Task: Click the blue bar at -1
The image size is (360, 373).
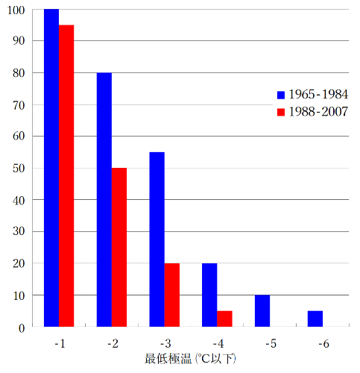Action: pos(51,168)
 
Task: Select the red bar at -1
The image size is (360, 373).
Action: pos(66,176)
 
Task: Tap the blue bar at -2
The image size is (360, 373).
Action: pos(104,200)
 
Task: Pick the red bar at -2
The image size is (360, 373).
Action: pos(119,248)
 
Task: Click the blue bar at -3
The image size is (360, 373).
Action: pos(157,239)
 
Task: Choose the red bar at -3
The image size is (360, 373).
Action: pos(172,295)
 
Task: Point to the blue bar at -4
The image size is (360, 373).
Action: pos(209,295)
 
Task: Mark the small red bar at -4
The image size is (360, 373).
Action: pos(224,319)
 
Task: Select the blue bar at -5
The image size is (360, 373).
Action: pos(262,311)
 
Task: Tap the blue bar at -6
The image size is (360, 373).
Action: pos(315,319)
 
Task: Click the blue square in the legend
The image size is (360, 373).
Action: pos(281,95)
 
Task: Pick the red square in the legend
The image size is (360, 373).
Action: pos(281,112)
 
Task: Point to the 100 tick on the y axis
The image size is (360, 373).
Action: pos(18,10)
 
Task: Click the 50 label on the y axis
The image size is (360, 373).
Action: pos(20,168)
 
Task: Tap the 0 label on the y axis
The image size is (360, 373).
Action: pos(23,327)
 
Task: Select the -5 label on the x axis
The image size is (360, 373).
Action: pos(270,344)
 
